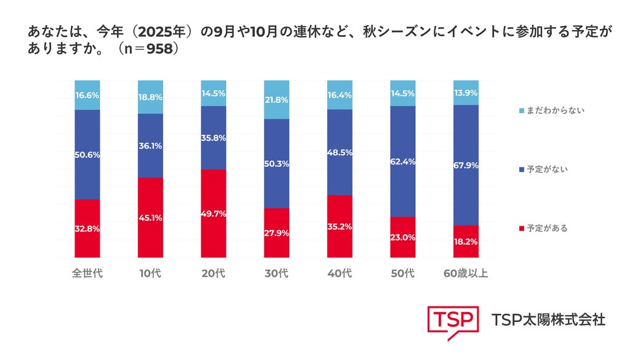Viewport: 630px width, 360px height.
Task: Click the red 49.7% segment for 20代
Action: [213, 214]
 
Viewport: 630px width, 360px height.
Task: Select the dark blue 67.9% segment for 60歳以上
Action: [466, 165]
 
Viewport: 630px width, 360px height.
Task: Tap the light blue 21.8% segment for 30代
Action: [276, 100]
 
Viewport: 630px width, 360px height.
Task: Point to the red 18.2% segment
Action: [466, 241]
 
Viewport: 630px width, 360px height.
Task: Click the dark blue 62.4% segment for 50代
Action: [402, 161]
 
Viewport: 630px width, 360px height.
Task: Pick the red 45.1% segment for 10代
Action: [150, 218]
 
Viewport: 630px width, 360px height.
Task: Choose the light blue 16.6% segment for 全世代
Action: [87, 95]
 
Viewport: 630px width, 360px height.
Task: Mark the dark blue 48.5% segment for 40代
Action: [340, 152]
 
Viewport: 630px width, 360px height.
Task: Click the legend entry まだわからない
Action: [552, 111]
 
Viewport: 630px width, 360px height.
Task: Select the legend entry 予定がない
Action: [544, 169]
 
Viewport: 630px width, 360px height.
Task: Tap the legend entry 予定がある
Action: [544, 228]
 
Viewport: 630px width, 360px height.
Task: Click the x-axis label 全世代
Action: [87, 273]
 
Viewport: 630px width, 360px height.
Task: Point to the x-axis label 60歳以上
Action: [466, 273]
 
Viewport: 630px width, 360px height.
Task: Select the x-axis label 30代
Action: [276, 273]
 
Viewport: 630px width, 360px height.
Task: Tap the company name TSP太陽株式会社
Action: [548, 320]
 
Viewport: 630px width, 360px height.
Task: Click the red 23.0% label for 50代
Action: [402, 238]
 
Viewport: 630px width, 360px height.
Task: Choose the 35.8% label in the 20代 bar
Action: [213, 138]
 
